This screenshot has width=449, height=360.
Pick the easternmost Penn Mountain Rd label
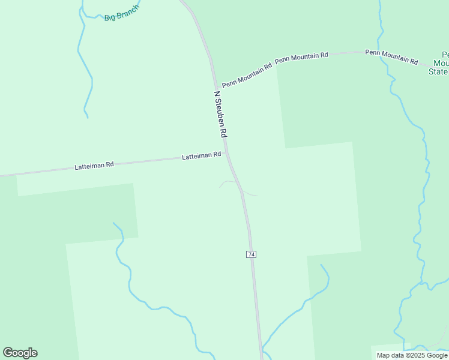click(391, 56)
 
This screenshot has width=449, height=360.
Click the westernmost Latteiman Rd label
click(94, 165)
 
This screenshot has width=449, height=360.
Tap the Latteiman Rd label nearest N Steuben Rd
click(201, 155)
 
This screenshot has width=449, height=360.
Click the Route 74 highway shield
click(251, 254)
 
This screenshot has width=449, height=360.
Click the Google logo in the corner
click(20, 353)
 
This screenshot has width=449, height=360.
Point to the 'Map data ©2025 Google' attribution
click(412, 355)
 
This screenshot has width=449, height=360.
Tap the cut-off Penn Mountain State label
click(439, 62)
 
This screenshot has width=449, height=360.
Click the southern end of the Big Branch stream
click(88, 117)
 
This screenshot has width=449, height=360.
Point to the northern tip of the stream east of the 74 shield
click(321, 265)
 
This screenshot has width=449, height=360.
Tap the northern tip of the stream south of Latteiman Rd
click(113, 223)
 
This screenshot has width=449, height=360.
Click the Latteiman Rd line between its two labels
click(147, 161)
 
